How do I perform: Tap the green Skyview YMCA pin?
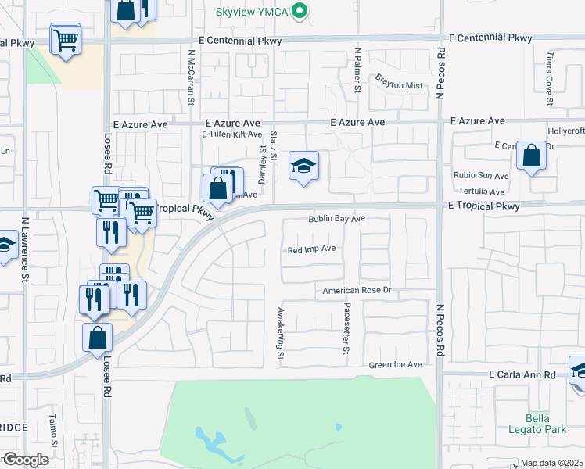point(298,12)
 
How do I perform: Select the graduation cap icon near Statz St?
point(303,166)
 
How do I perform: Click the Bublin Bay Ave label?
point(337,220)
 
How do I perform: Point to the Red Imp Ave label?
point(311,249)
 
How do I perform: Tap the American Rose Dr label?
point(357,291)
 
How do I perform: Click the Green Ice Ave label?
point(396,365)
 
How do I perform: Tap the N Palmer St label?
point(357,70)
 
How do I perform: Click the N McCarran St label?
point(191,77)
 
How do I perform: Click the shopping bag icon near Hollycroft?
point(532,156)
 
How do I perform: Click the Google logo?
point(25,460)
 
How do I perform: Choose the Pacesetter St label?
point(346,329)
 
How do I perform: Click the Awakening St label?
point(279,334)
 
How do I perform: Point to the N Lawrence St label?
point(25,258)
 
